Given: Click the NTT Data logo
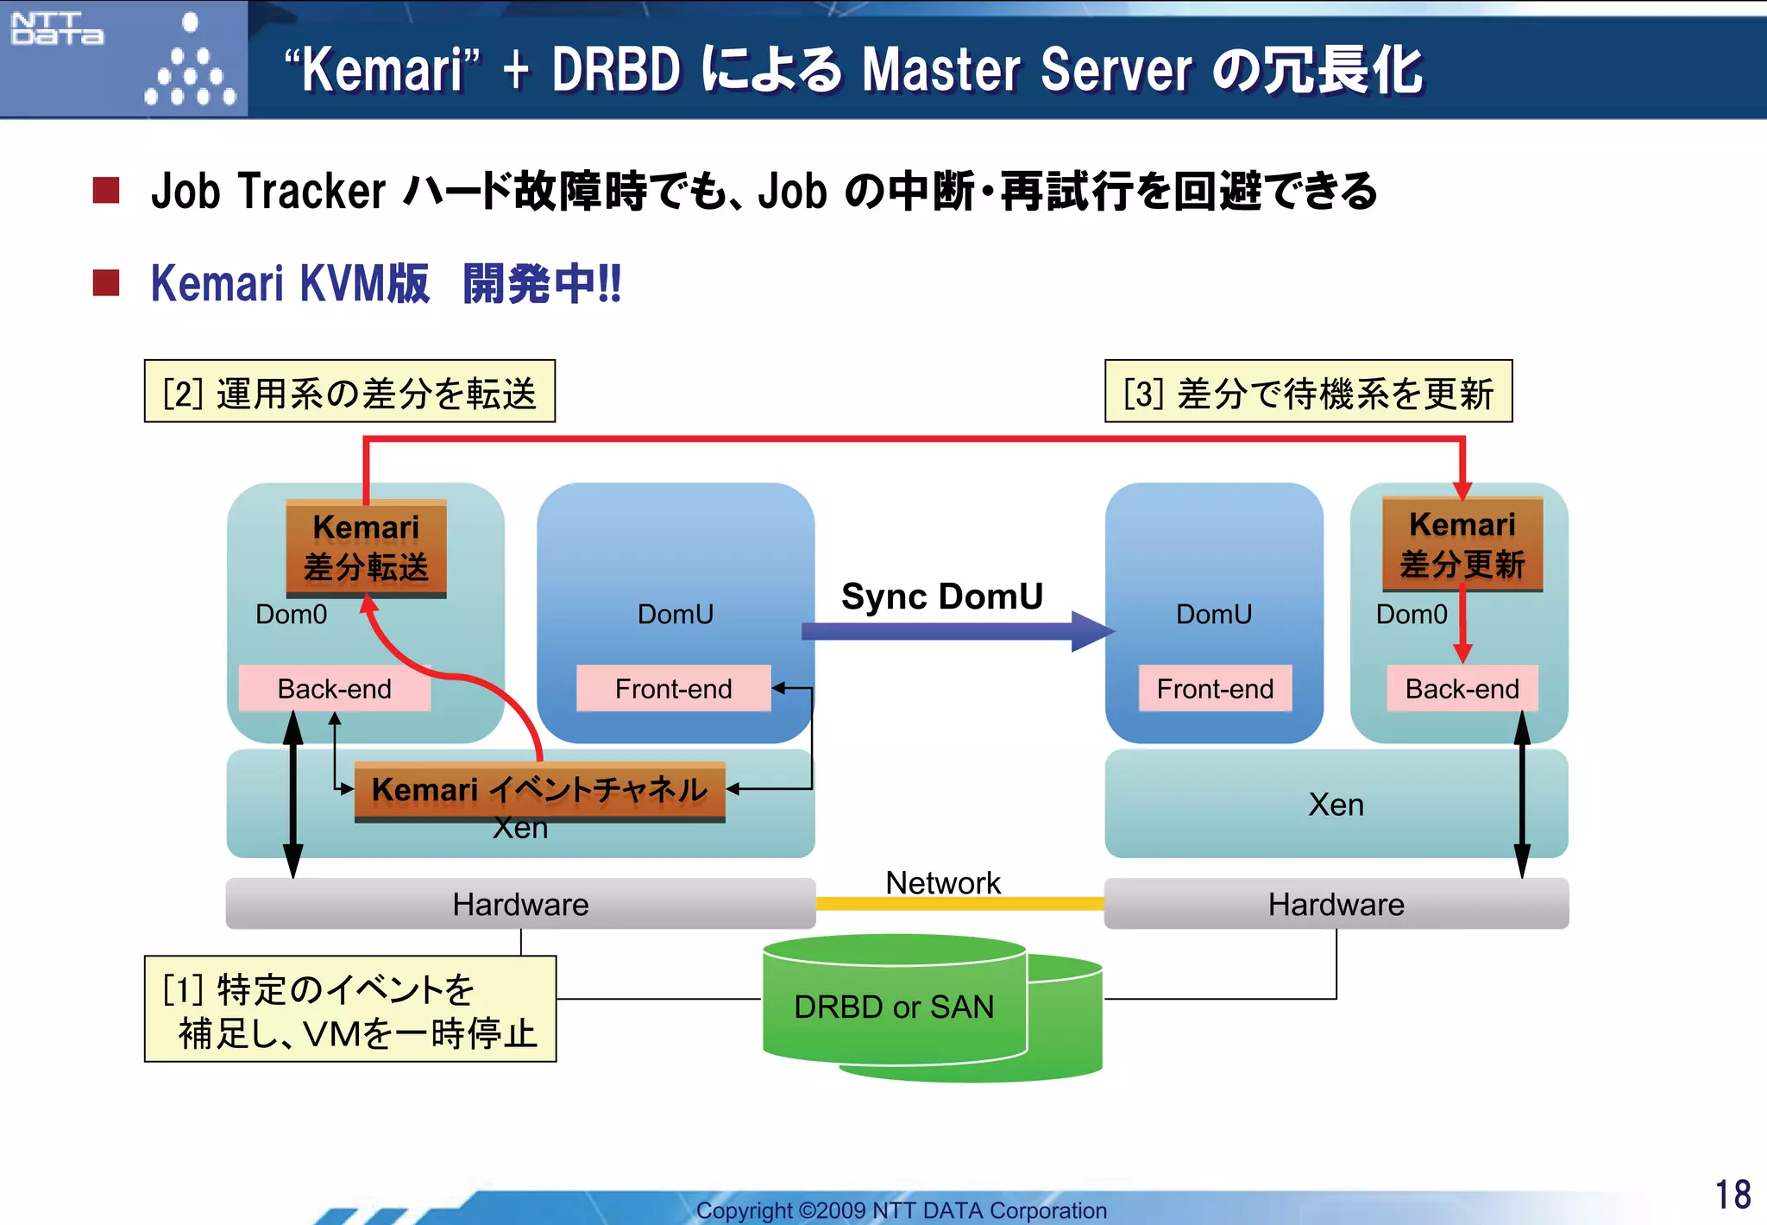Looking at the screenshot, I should click(57, 28).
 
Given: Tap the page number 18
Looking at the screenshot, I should click(1732, 1195).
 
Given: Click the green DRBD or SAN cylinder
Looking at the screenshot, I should click(894, 1007).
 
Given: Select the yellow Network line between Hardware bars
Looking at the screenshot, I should click(959, 904).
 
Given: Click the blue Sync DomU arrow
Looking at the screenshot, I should click(949, 631).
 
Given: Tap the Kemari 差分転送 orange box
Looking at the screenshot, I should click(366, 547).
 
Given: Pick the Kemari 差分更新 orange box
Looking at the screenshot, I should click(1462, 544).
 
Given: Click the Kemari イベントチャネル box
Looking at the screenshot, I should click(539, 790).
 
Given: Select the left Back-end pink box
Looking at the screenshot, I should click(334, 689).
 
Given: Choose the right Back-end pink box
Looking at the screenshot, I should click(1462, 689).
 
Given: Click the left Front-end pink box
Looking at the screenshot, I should click(673, 689).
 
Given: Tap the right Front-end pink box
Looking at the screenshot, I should click(1215, 689).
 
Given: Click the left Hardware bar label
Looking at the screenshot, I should click(520, 905).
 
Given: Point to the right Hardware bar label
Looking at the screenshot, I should click(1336, 905).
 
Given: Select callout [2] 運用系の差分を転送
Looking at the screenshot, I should click(349, 392).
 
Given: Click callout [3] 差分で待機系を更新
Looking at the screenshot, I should click(1308, 392).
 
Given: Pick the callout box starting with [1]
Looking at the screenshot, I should click(349, 1009).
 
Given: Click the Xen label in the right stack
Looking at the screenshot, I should click(1336, 805).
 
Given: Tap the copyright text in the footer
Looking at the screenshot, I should click(901, 1210).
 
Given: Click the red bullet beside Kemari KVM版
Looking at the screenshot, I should click(106, 282).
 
